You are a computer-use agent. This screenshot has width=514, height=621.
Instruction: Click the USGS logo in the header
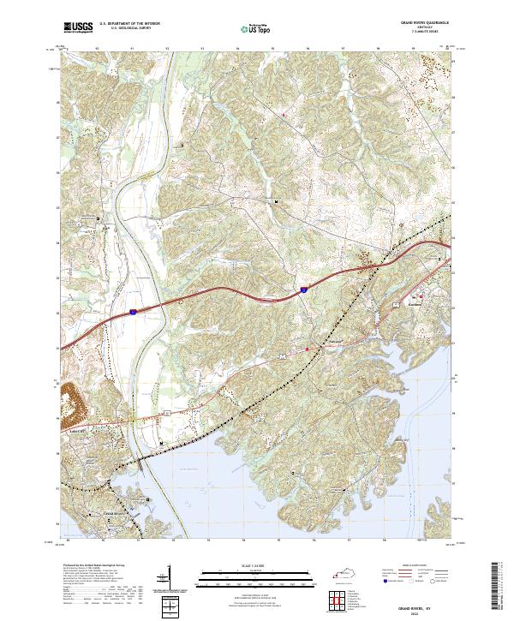pos(78,28)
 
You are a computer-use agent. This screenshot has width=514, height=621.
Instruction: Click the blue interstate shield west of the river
pos(134,311)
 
